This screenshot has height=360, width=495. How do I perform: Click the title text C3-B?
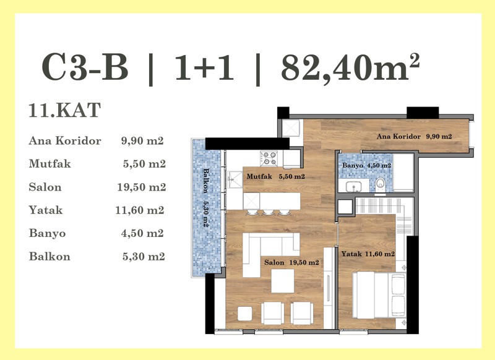[85, 67]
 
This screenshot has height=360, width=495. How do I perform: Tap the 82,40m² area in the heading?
[350, 67]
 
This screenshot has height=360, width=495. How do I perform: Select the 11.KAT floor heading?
[65, 110]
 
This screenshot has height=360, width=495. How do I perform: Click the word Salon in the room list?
[45, 187]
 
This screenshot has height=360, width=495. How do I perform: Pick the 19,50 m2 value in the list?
[142, 187]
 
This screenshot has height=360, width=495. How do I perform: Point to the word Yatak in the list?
[45, 210]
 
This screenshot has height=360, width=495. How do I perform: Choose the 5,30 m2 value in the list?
[144, 256]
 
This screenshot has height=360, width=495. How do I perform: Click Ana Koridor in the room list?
[65, 140]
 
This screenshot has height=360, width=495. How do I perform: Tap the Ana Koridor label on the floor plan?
[398, 136]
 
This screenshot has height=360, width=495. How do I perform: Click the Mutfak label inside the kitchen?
[259, 176]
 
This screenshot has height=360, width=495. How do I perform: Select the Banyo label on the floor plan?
[353, 165]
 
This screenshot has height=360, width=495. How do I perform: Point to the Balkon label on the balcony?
[206, 181]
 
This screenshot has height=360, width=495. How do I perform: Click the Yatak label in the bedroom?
[351, 254]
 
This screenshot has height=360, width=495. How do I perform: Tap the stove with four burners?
[269, 158]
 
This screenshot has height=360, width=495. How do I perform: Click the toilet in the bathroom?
[381, 184]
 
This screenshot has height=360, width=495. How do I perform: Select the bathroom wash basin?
[353, 186]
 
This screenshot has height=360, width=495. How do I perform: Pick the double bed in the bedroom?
[379, 295]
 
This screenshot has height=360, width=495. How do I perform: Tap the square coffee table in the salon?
[283, 281]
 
